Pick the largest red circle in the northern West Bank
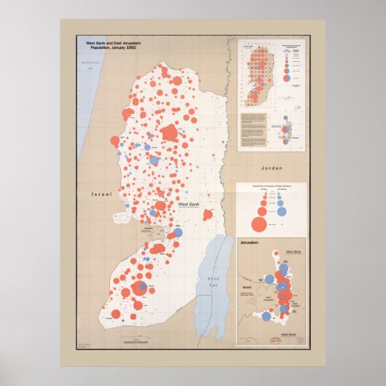[170, 133]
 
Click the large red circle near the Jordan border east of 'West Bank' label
[207, 215]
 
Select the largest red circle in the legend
[258, 222]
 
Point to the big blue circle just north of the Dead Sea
[178, 232]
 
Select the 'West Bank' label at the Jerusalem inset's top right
[292, 251]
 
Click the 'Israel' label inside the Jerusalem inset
[247, 286]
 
